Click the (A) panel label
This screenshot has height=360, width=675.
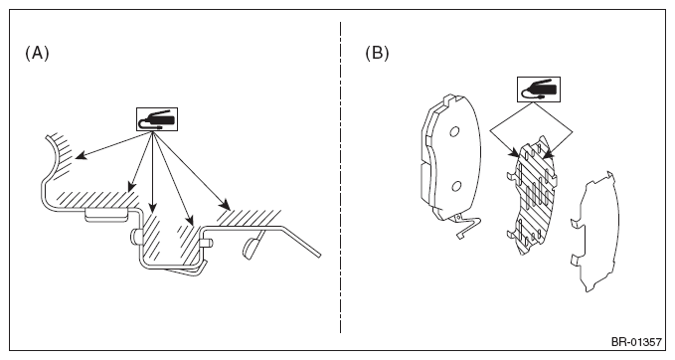(x=37, y=54)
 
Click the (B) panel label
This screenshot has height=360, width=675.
(x=377, y=54)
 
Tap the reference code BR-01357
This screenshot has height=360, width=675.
(x=636, y=342)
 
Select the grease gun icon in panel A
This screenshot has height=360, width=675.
(x=157, y=119)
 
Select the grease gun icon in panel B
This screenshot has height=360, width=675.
(x=539, y=90)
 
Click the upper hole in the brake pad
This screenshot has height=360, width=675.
(x=454, y=131)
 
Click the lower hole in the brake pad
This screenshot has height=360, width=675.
(x=456, y=186)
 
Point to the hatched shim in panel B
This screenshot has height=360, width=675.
(x=532, y=196)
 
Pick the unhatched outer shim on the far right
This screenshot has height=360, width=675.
(x=595, y=232)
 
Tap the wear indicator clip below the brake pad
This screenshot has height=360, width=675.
(x=467, y=226)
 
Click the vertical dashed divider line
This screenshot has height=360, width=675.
(x=341, y=177)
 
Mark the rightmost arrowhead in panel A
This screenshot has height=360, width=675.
(x=225, y=204)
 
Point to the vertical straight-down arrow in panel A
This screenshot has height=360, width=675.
(x=153, y=173)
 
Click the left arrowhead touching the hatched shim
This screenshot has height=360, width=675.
(x=514, y=153)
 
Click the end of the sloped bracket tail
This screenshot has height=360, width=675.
(x=319, y=256)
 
